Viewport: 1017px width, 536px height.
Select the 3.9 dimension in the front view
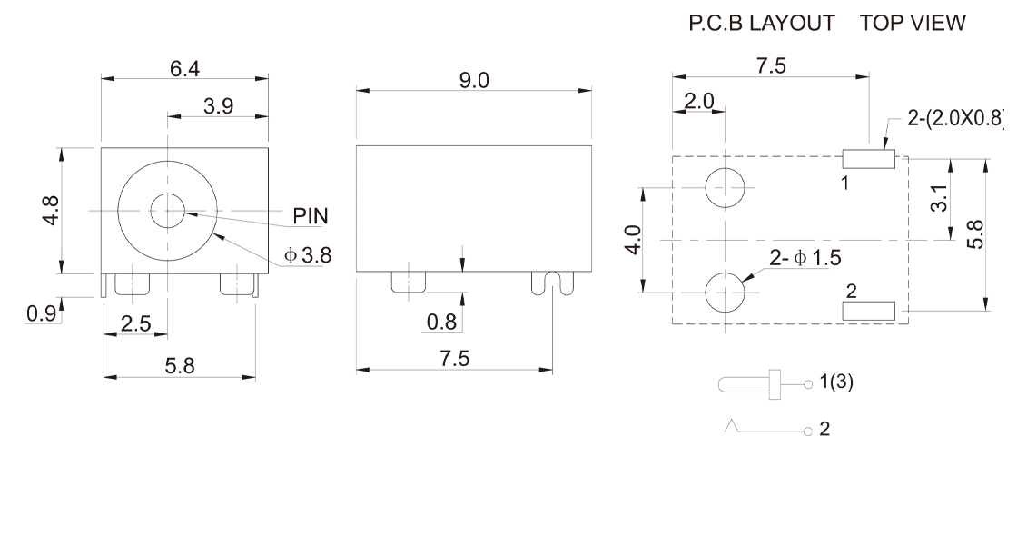pyautogui.click(x=218, y=106)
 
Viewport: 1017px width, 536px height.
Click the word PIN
pyautogui.click(x=311, y=216)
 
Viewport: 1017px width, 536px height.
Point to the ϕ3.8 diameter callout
pyautogui.click(x=308, y=256)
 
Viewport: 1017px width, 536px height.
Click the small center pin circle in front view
pyautogui.click(x=166, y=211)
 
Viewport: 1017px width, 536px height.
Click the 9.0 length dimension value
pyautogui.click(x=473, y=81)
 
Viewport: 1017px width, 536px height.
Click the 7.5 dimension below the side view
pyautogui.click(x=454, y=360)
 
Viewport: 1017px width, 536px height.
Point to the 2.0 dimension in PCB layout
pyautogui.click(x=699, y=101)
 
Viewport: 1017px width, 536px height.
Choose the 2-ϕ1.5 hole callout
pyautogui.click(x=805, y=259)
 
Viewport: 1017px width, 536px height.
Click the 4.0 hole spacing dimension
pyautogui.click(x=635, y=242)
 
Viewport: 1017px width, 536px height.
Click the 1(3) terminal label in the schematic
pyautogui.click(x=836, y=382)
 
